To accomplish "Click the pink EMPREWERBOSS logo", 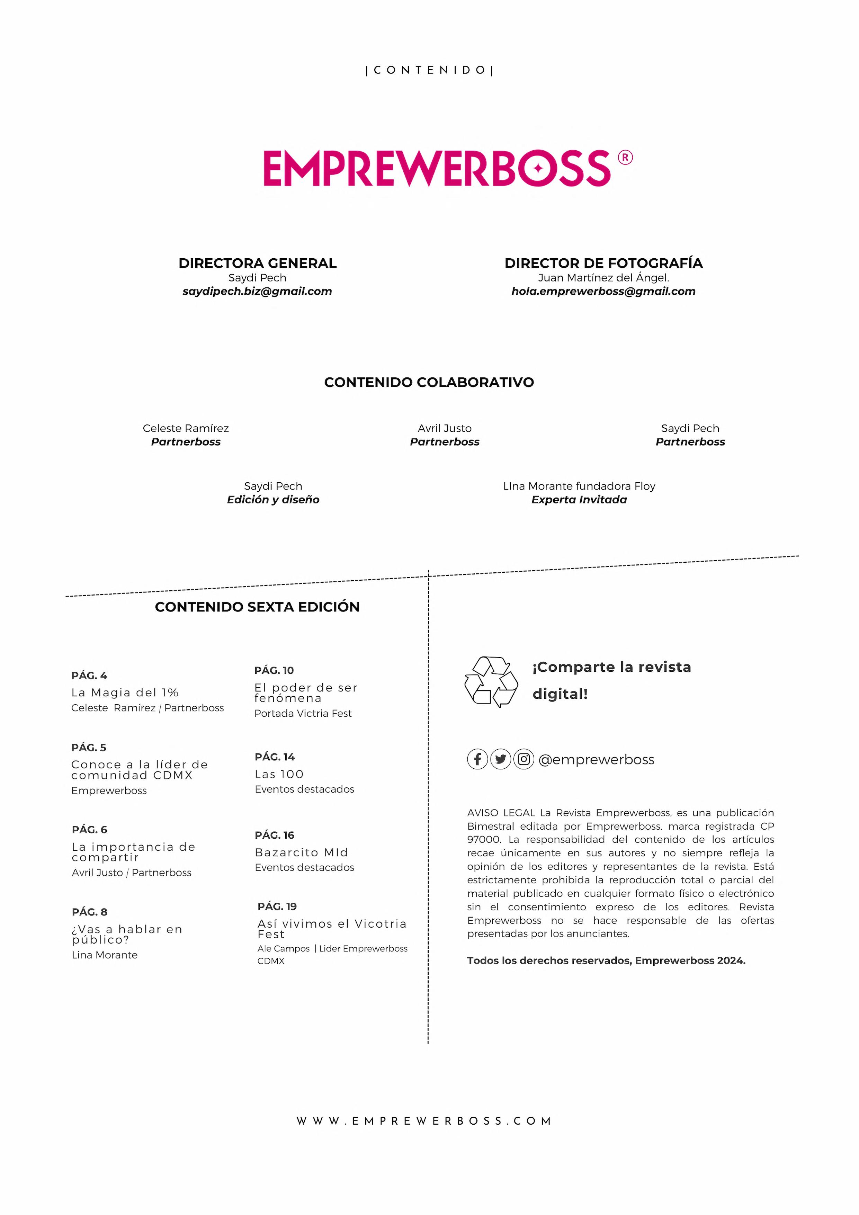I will (x=437, y=168).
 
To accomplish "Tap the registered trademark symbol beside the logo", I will (x=625, y=158).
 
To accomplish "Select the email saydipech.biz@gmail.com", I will (x=257, y=292).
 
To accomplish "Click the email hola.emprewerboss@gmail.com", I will (x=603, y=292).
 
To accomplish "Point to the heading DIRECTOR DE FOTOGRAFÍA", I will (x=603, y=263).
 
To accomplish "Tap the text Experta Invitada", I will (x=579, y=500).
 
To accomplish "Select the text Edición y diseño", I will (x=273, y=500).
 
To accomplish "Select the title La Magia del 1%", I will (x=125, y=693).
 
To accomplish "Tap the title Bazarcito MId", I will (x=301, y=852).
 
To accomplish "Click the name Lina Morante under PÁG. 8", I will (x=105, y=955).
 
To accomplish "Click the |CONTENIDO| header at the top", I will (x=429, y=70).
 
